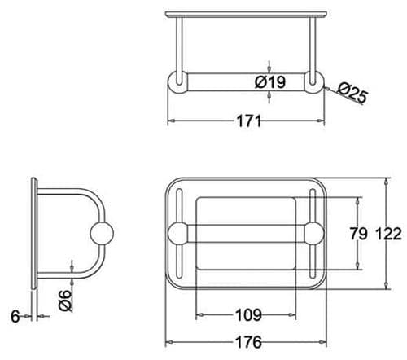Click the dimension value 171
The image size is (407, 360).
coord(248,122)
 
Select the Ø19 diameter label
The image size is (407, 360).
coord(269,82)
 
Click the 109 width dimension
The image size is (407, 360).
coord(247,313)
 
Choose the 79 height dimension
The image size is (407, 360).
coord(359,235)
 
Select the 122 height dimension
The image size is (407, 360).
coord(389,235)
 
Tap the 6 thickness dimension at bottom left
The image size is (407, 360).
coord(15,315)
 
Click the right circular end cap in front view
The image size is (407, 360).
coord(314,83)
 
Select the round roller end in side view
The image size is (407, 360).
coord(101,235)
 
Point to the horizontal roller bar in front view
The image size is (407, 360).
coord(244,83)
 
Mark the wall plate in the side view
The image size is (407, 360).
coord(33,234)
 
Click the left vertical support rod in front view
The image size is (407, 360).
coord(177,45)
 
